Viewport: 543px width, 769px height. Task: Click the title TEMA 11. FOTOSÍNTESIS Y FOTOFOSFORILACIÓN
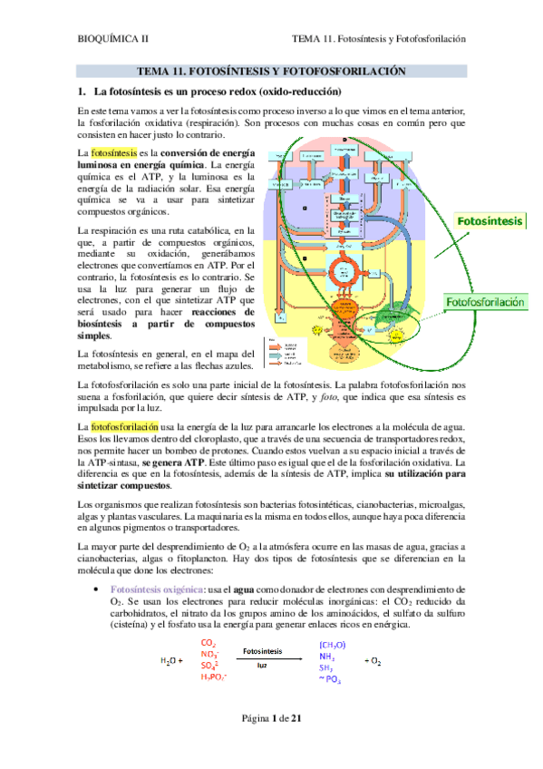pyautogui.click(x=271, y=71)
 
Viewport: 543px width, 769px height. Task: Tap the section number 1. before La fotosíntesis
pyautogui.click(x=81, y=92)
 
